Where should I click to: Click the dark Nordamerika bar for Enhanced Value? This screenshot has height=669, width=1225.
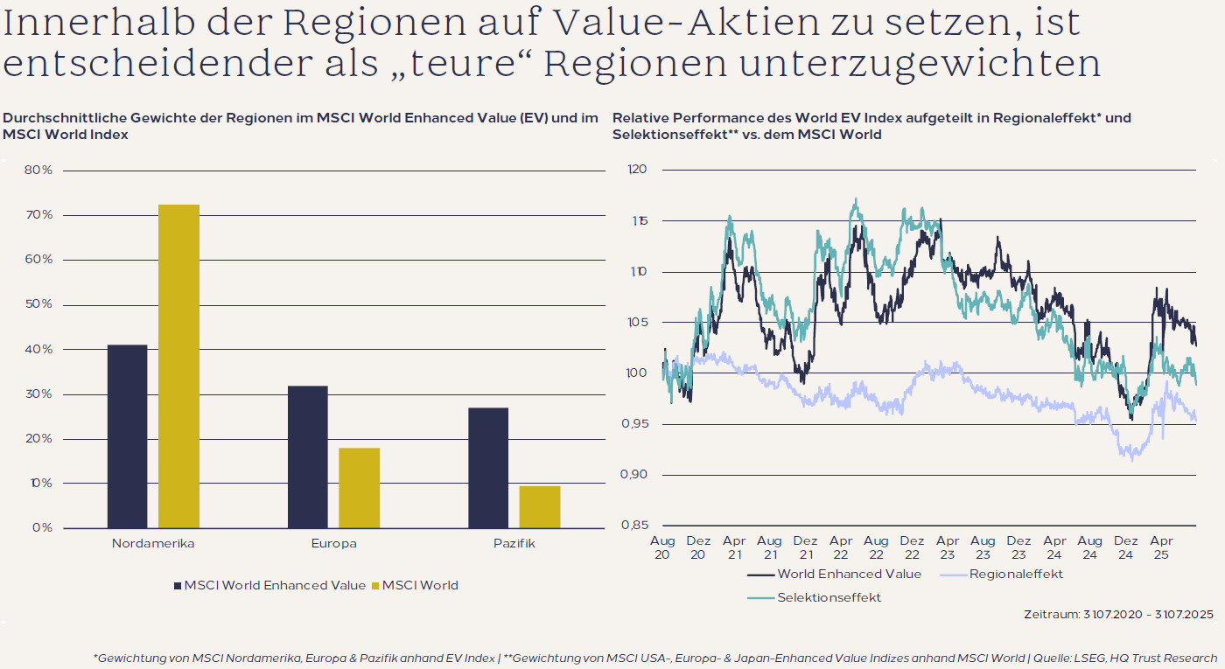127,436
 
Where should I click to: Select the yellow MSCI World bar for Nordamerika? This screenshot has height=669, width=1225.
178,366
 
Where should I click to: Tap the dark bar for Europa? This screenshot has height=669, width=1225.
308,456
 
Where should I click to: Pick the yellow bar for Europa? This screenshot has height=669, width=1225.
359,488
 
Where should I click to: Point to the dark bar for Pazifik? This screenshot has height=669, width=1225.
488,468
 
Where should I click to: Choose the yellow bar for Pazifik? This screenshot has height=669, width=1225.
539,507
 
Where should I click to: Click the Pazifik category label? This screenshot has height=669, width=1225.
514,543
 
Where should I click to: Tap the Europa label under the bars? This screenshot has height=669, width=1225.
333,543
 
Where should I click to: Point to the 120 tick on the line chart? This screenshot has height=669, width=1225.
637,170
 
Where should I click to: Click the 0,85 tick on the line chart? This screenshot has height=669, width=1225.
635,525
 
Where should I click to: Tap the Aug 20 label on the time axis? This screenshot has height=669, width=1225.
662,547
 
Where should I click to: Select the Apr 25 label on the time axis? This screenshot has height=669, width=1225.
1161,547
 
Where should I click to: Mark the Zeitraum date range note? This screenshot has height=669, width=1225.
1118,615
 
